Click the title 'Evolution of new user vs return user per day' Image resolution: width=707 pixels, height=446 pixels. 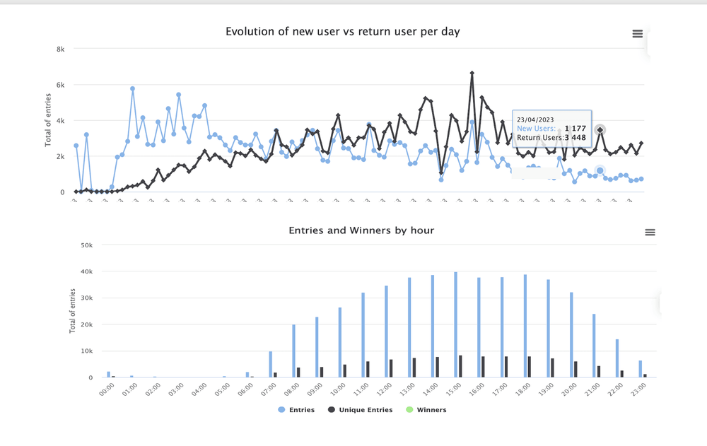pyautogui.click(x=342, y=31)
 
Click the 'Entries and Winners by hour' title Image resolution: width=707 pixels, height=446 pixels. pyautogui.click(x=361, y=230)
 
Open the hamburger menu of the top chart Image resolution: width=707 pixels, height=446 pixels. pyautogui.click(x=637, y=34)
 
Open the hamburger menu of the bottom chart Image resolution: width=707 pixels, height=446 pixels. pyautogui.click(x=650, y=233)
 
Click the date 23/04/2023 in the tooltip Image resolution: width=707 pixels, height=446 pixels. pyautogui.click(x=535, y=119)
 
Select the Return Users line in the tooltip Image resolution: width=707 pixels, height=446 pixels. pyautogui.click(x=551, y=137)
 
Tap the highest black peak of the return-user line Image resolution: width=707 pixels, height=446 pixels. pyautogui.click(x=472, y=73)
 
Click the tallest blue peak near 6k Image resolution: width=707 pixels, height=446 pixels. pyautogui.click(x=132, y=89)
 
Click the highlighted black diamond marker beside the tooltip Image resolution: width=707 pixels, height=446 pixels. pyautogui.click(x=600, y=130)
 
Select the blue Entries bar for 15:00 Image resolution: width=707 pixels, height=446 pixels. pyautogui.click(x=455, y=324)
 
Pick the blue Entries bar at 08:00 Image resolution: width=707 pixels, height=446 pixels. pyautogui.click(x=293, y=351)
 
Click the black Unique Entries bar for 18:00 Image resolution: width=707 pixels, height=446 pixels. pyautogui.click(x=530, y=367)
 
